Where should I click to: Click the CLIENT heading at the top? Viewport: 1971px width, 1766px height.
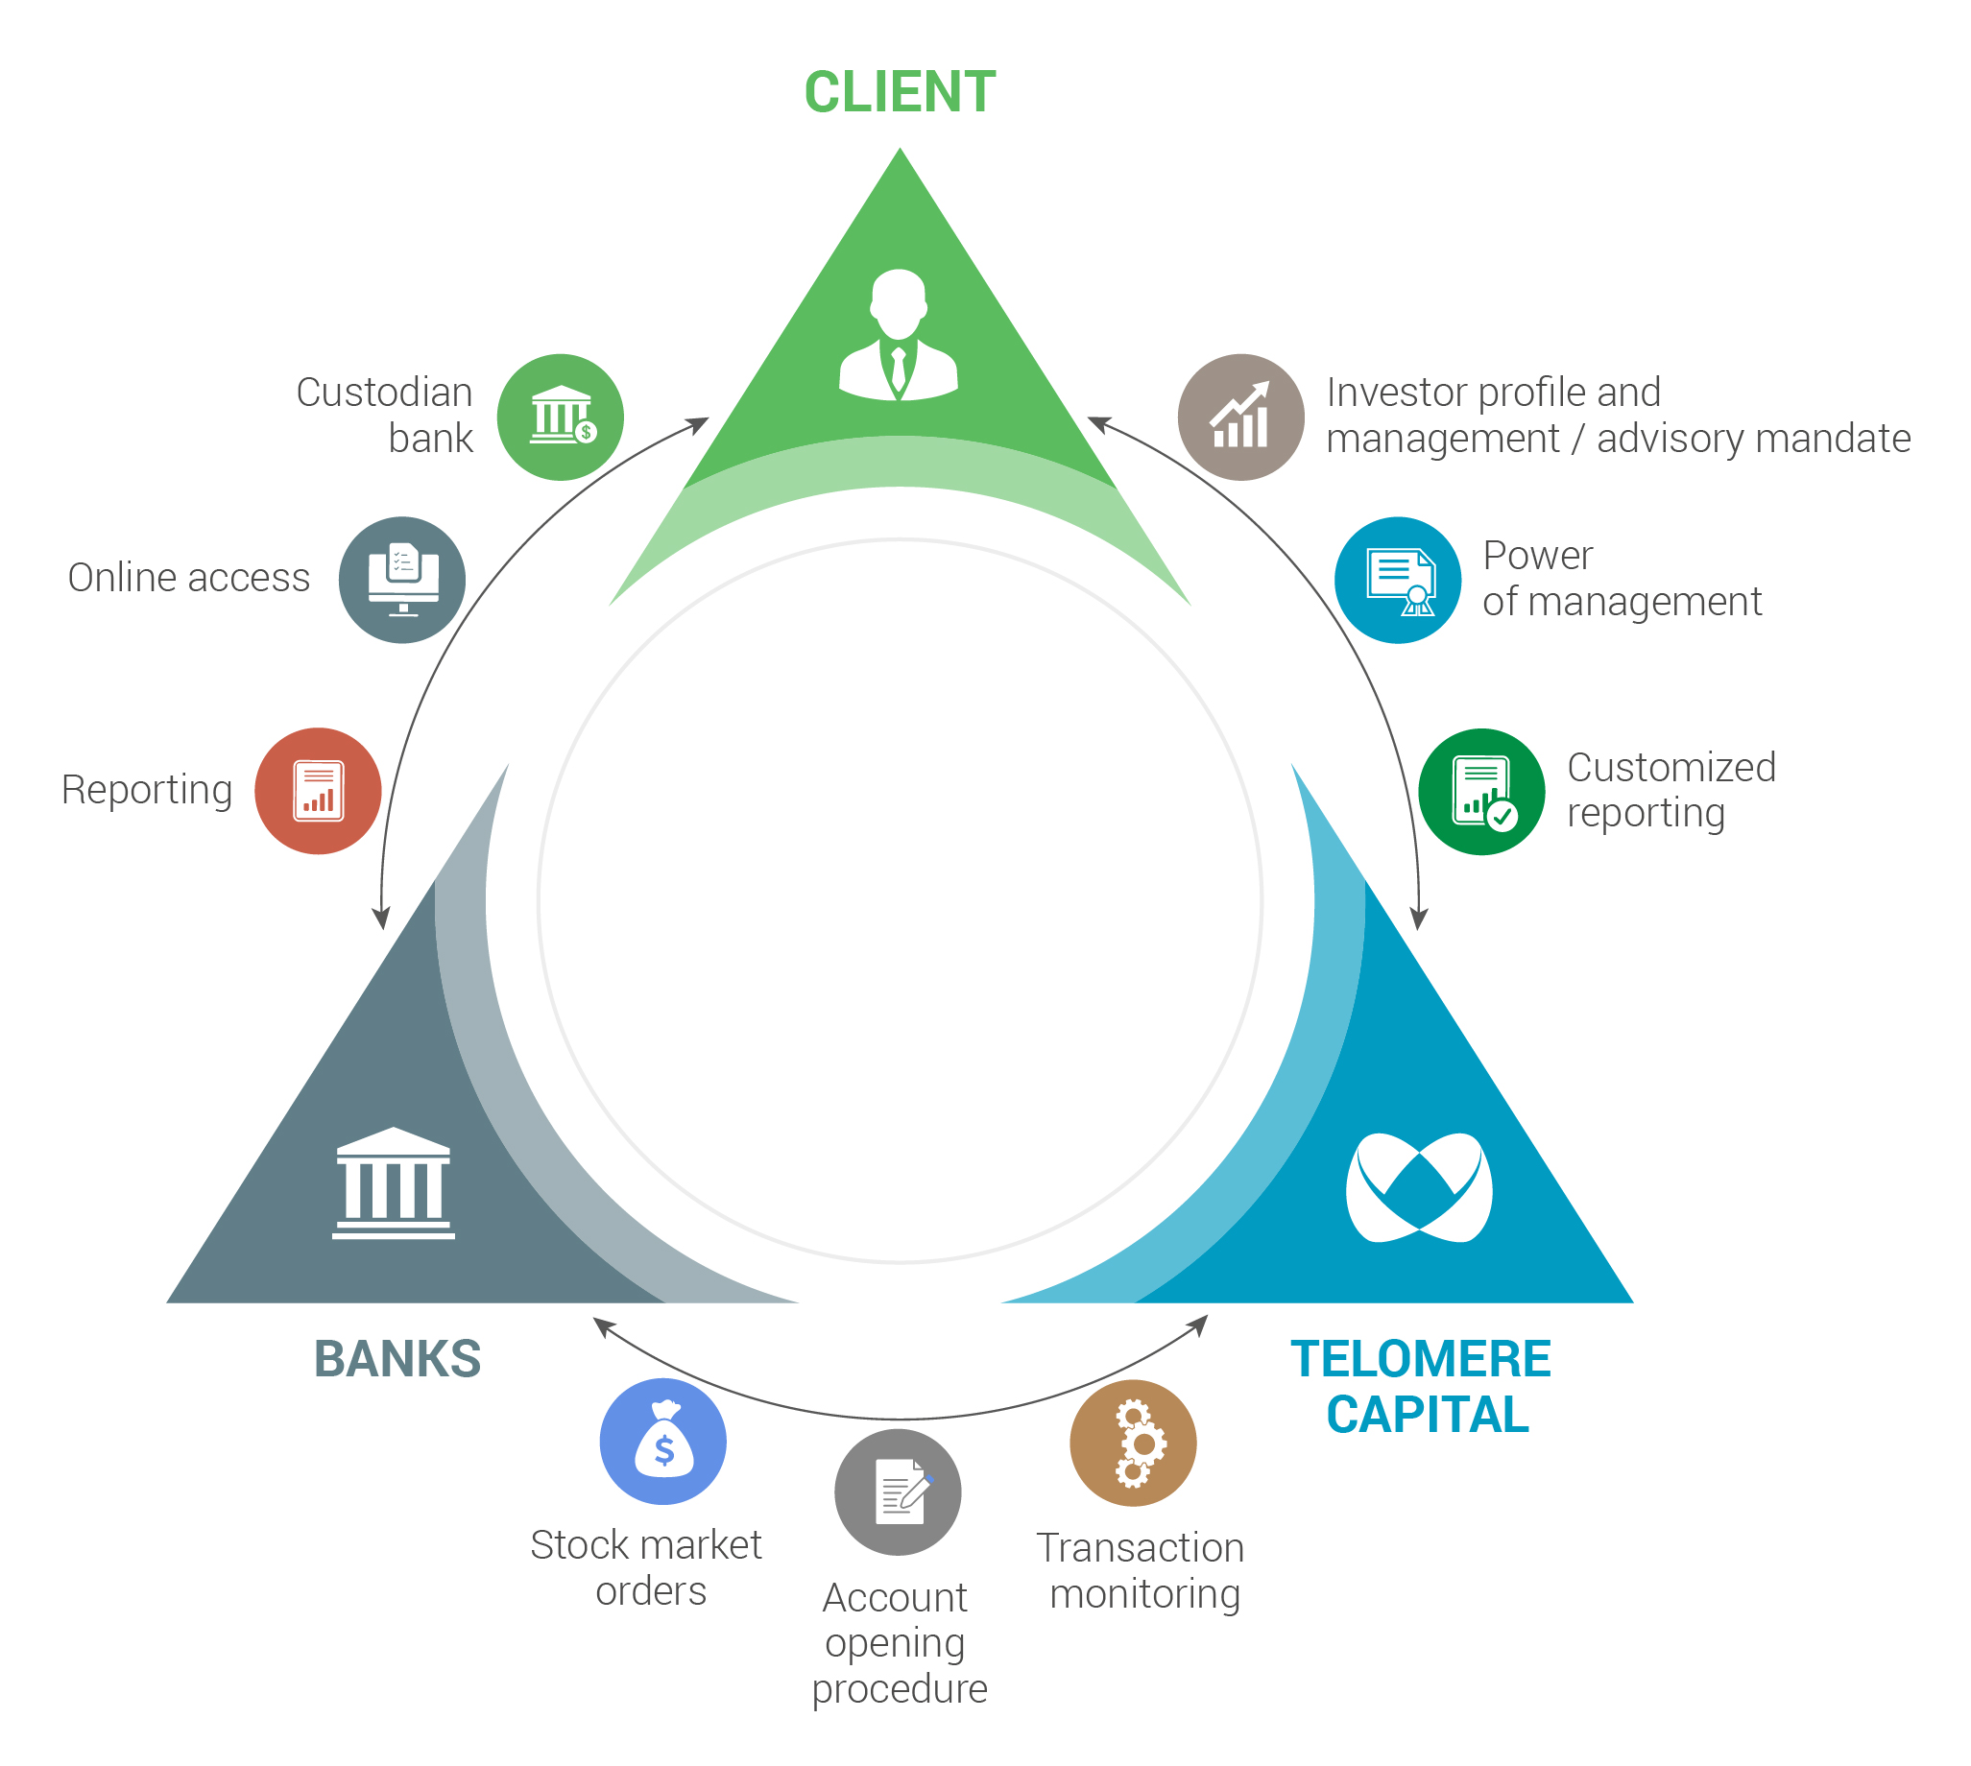900,93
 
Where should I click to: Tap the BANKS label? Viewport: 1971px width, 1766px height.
397,1359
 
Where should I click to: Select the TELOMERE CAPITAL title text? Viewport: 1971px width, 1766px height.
1422,1387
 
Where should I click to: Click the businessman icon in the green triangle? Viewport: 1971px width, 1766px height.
899,336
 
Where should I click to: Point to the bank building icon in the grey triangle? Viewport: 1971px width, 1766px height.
393,1183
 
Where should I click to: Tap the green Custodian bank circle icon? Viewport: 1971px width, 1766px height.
560,418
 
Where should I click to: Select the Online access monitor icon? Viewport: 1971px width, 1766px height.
401,581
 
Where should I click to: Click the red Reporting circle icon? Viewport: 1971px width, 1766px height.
319,791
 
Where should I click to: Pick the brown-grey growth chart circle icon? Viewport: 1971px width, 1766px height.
1240,418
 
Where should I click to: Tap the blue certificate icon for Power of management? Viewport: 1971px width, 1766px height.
1398,581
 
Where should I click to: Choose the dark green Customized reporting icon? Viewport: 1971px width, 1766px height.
1481,792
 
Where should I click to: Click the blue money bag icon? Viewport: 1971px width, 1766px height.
662,1442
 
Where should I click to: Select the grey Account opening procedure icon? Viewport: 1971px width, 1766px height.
898,1492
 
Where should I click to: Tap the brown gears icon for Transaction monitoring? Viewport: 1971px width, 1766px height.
1133,1443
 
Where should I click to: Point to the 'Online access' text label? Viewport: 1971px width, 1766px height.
189,579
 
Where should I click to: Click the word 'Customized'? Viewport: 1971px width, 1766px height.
1671,768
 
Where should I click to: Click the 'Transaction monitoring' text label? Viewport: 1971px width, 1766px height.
1142,1572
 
